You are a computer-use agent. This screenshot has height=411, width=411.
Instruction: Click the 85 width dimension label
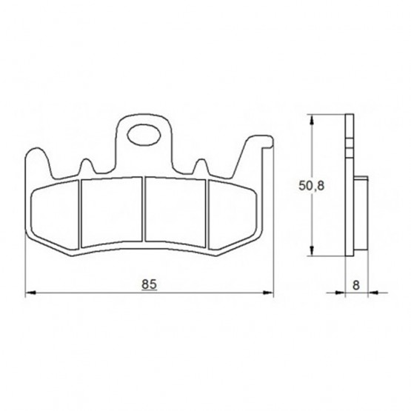click(149, 284)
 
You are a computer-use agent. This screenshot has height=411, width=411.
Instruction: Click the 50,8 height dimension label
click(311, 186)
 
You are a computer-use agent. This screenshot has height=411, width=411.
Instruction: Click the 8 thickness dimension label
click(356, 285)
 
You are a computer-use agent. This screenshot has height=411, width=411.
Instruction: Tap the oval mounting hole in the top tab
click(144, 135)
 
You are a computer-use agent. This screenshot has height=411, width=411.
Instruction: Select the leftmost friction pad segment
click(55, 215)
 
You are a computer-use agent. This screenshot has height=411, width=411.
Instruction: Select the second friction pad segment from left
click(112, 212)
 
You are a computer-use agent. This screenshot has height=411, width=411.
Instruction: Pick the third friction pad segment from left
click(176, 212)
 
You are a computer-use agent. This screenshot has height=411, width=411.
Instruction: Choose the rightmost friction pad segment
click(233, 215)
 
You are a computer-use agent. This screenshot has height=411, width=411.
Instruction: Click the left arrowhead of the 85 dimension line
click(30, 293)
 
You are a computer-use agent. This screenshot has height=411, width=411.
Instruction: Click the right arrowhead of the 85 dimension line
click(268, 293)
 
